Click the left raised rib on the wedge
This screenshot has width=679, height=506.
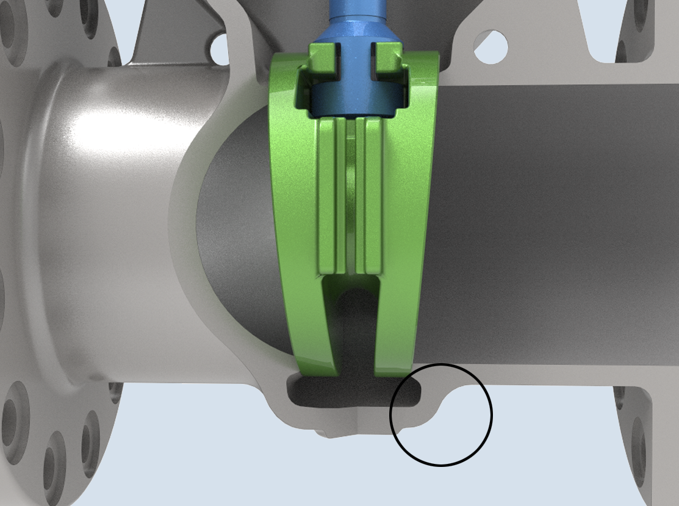[x=328, y=195]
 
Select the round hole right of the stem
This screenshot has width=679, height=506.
[x=491, y=46]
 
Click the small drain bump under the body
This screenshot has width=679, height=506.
[x=329, y=434]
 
